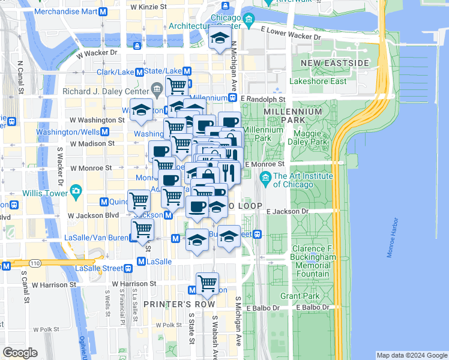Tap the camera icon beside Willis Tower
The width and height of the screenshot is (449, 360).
75,192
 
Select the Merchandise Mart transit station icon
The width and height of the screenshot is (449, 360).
103,12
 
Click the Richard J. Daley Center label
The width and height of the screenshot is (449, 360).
106,91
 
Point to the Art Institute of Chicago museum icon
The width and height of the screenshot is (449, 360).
265,178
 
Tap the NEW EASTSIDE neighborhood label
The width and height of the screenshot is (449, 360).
334,63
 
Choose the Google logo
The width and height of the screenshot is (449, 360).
20,353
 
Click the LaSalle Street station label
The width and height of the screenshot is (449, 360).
98,268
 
